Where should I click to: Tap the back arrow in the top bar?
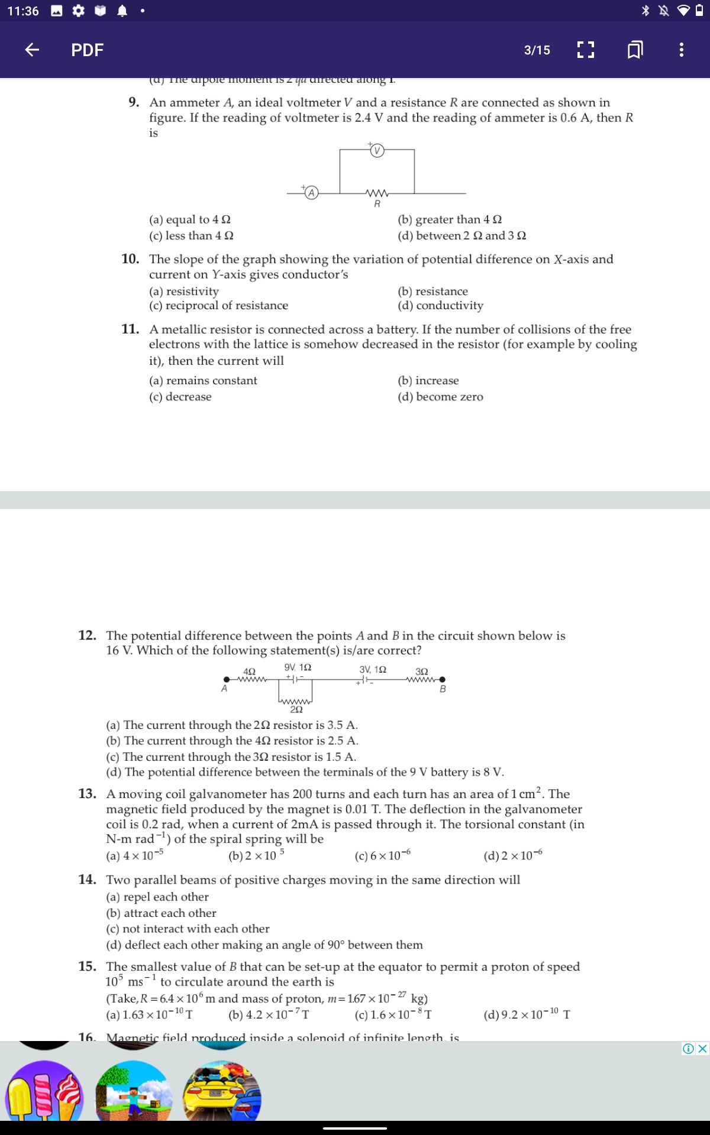click(x=32, y=50)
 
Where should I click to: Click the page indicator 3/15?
click(x=537, y=50)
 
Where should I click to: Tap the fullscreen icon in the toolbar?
click(x=585, y=50)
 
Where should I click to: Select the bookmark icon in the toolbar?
click(x=635, y=50)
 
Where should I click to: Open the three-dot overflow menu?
click(x=682, y=50)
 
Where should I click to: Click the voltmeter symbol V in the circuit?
click(x=377, y=150)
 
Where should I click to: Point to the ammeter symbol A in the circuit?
click(x=311, y=193)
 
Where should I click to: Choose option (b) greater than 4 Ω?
click(x=450, y=219)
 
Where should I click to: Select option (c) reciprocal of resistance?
click(x=218, y=306)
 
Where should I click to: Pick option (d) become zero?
click(x=440, y=397)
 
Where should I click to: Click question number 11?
click(x=130, y=329)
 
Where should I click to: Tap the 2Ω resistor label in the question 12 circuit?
click(x=296, y=709)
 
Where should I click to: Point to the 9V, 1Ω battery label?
click(x=298, y=667)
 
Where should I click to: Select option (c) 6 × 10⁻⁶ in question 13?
click(x=382, y=856)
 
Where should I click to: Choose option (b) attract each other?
click(x=161, y=913)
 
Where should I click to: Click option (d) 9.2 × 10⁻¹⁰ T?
click(x=527, y=1015)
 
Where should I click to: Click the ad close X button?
click(x=702, y=1049)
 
